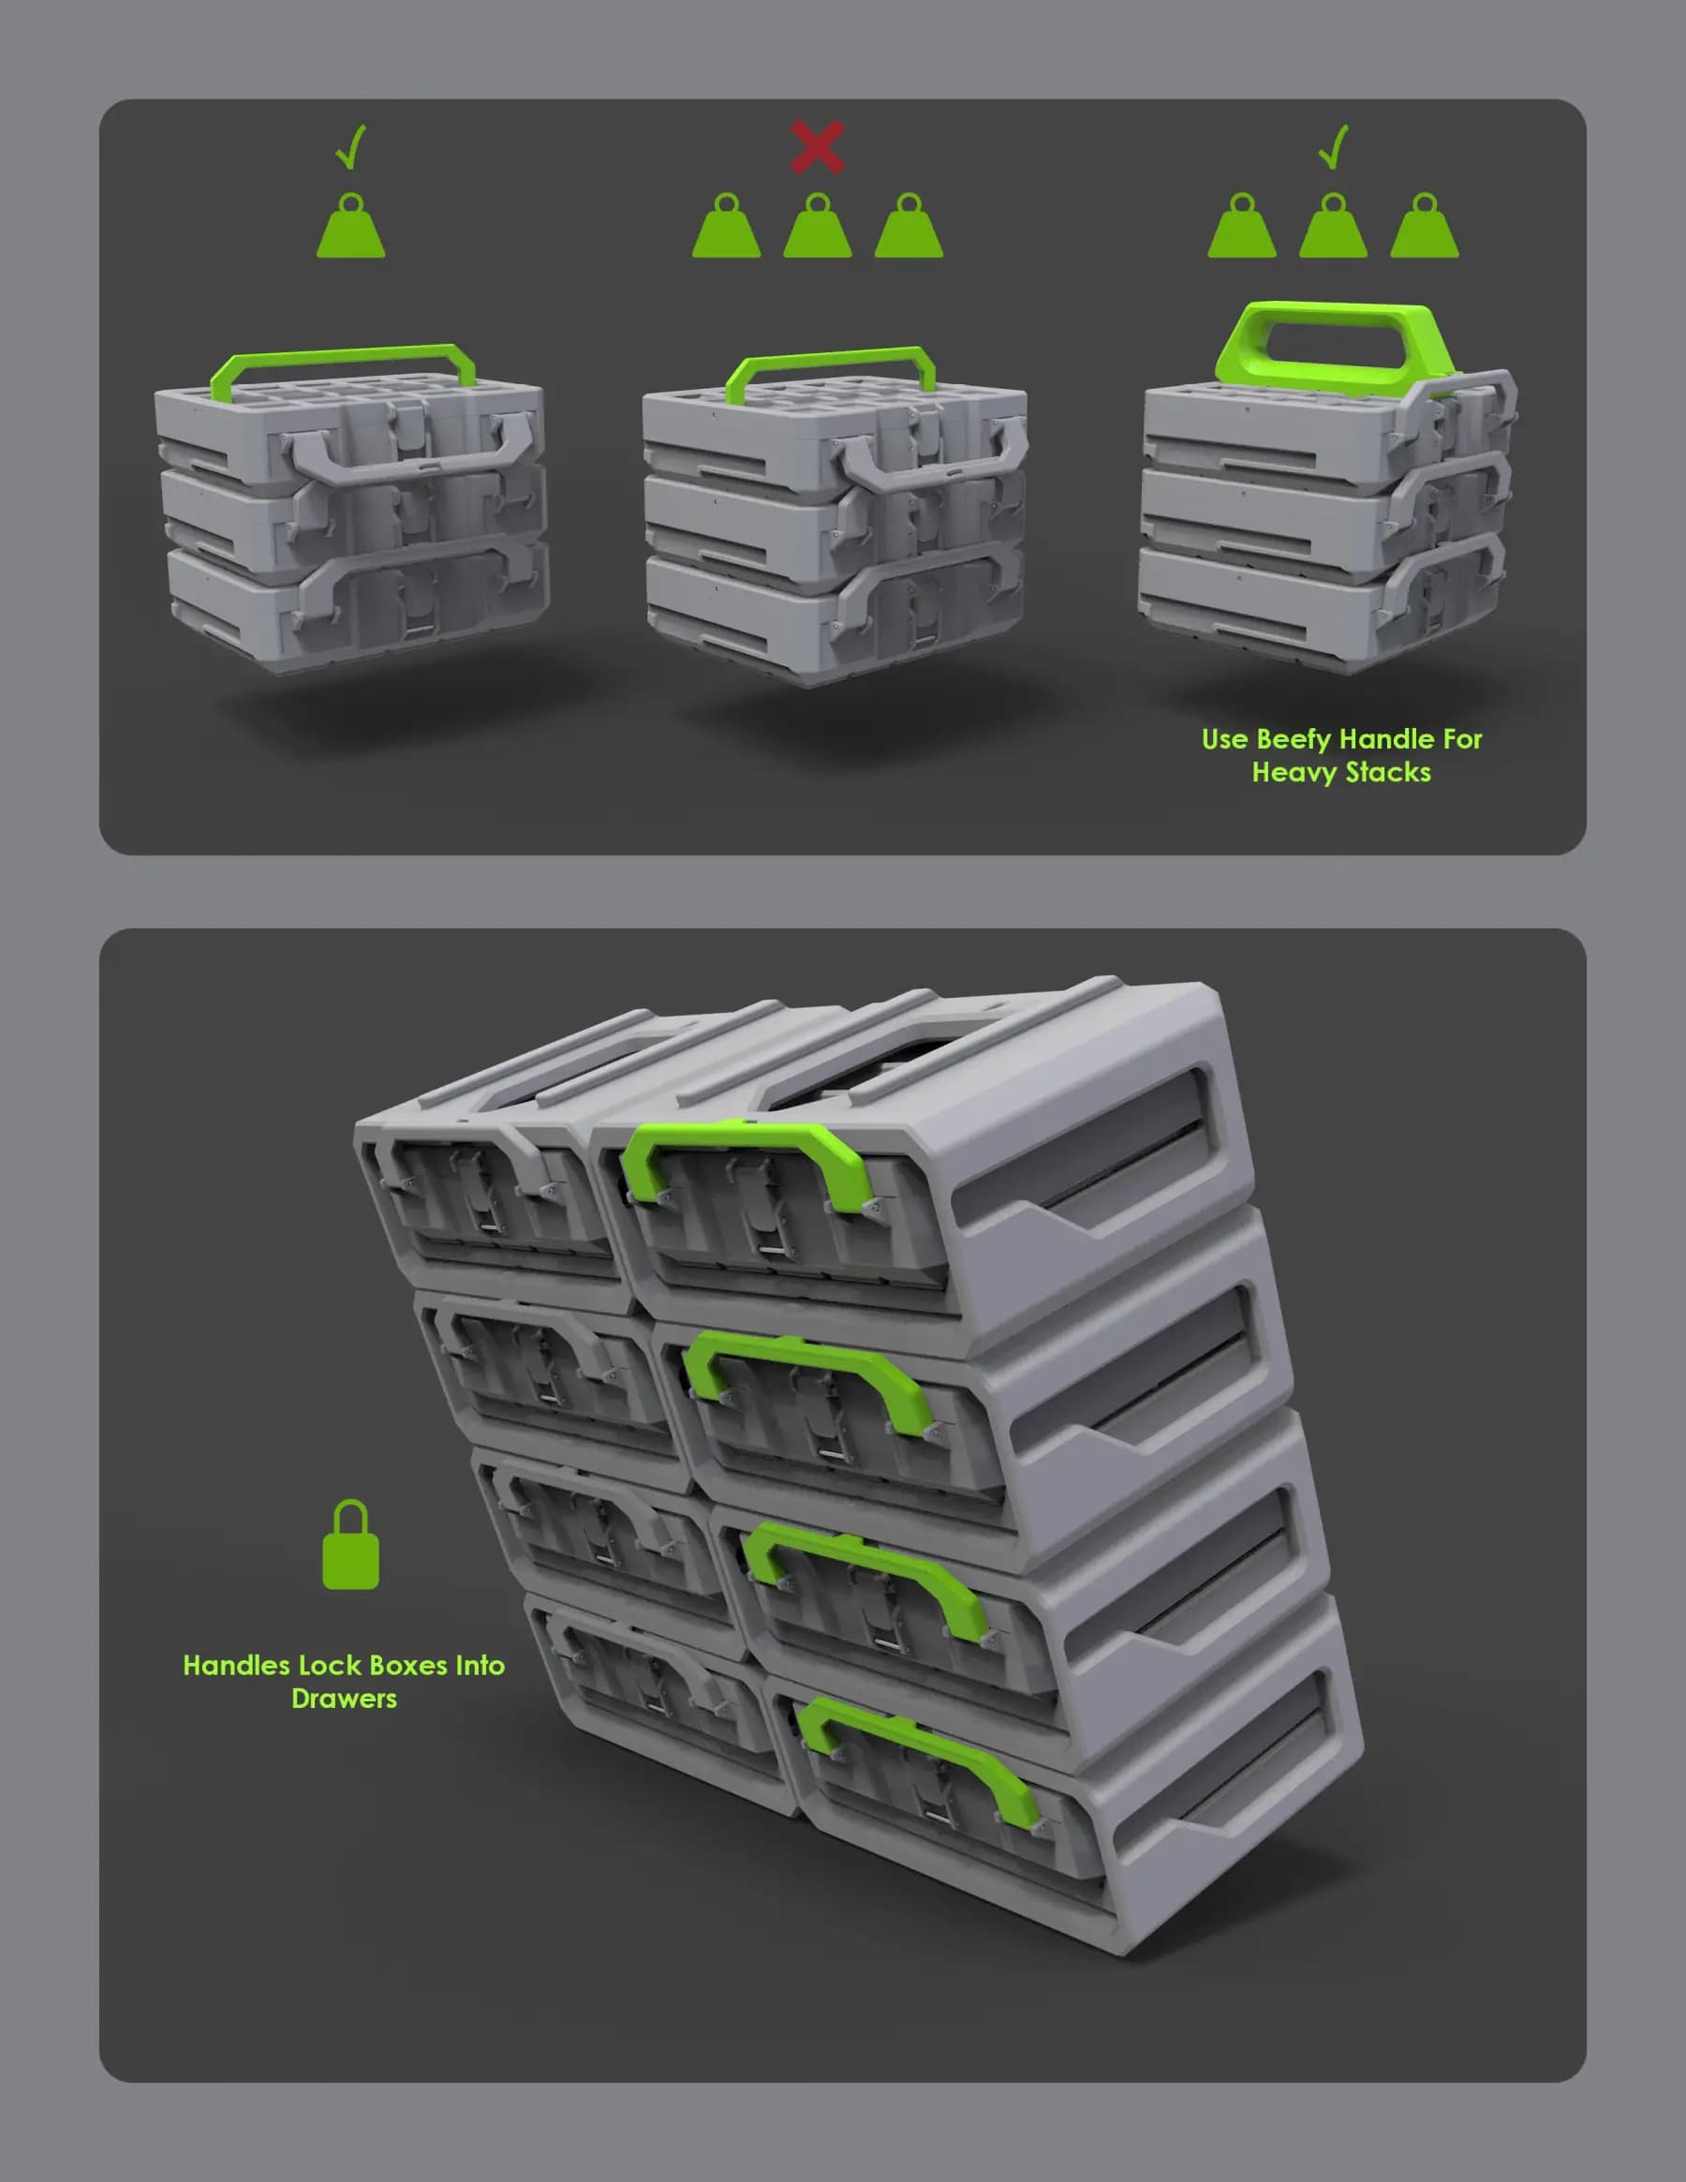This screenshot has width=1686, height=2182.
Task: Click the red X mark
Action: tap(817, 147)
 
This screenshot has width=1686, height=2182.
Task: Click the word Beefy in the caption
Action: tap(1294, 739)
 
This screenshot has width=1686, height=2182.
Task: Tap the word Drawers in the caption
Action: tap(344, 1699)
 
